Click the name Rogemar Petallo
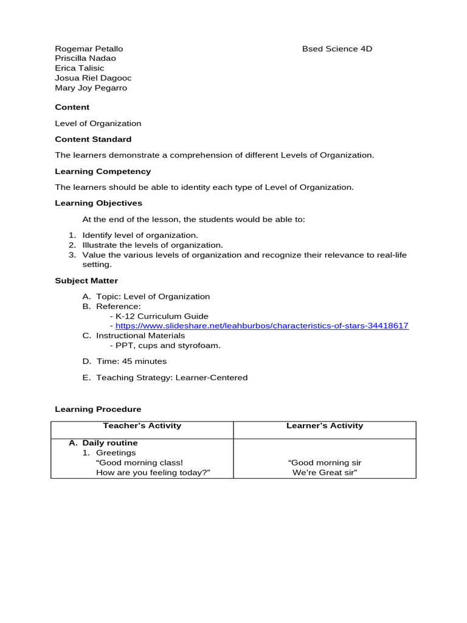point(89,49)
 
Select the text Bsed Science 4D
point(337,49)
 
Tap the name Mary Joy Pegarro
point(91,88)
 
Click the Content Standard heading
point(93,139)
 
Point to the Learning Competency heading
point(103,172)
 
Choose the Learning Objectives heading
point(99,203)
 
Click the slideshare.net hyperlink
point(261,326)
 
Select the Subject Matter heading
point(86,280)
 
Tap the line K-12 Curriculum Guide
point(161,316)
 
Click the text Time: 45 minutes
point(131,361)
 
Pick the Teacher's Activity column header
point(142,426)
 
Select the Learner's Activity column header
point(325,426)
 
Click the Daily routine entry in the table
point(109,443)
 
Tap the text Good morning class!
point(139,463)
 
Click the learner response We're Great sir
point(325,473)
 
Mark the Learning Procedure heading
point(98,409)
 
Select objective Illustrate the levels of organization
point(153,245)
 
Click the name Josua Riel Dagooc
point(93,78)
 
